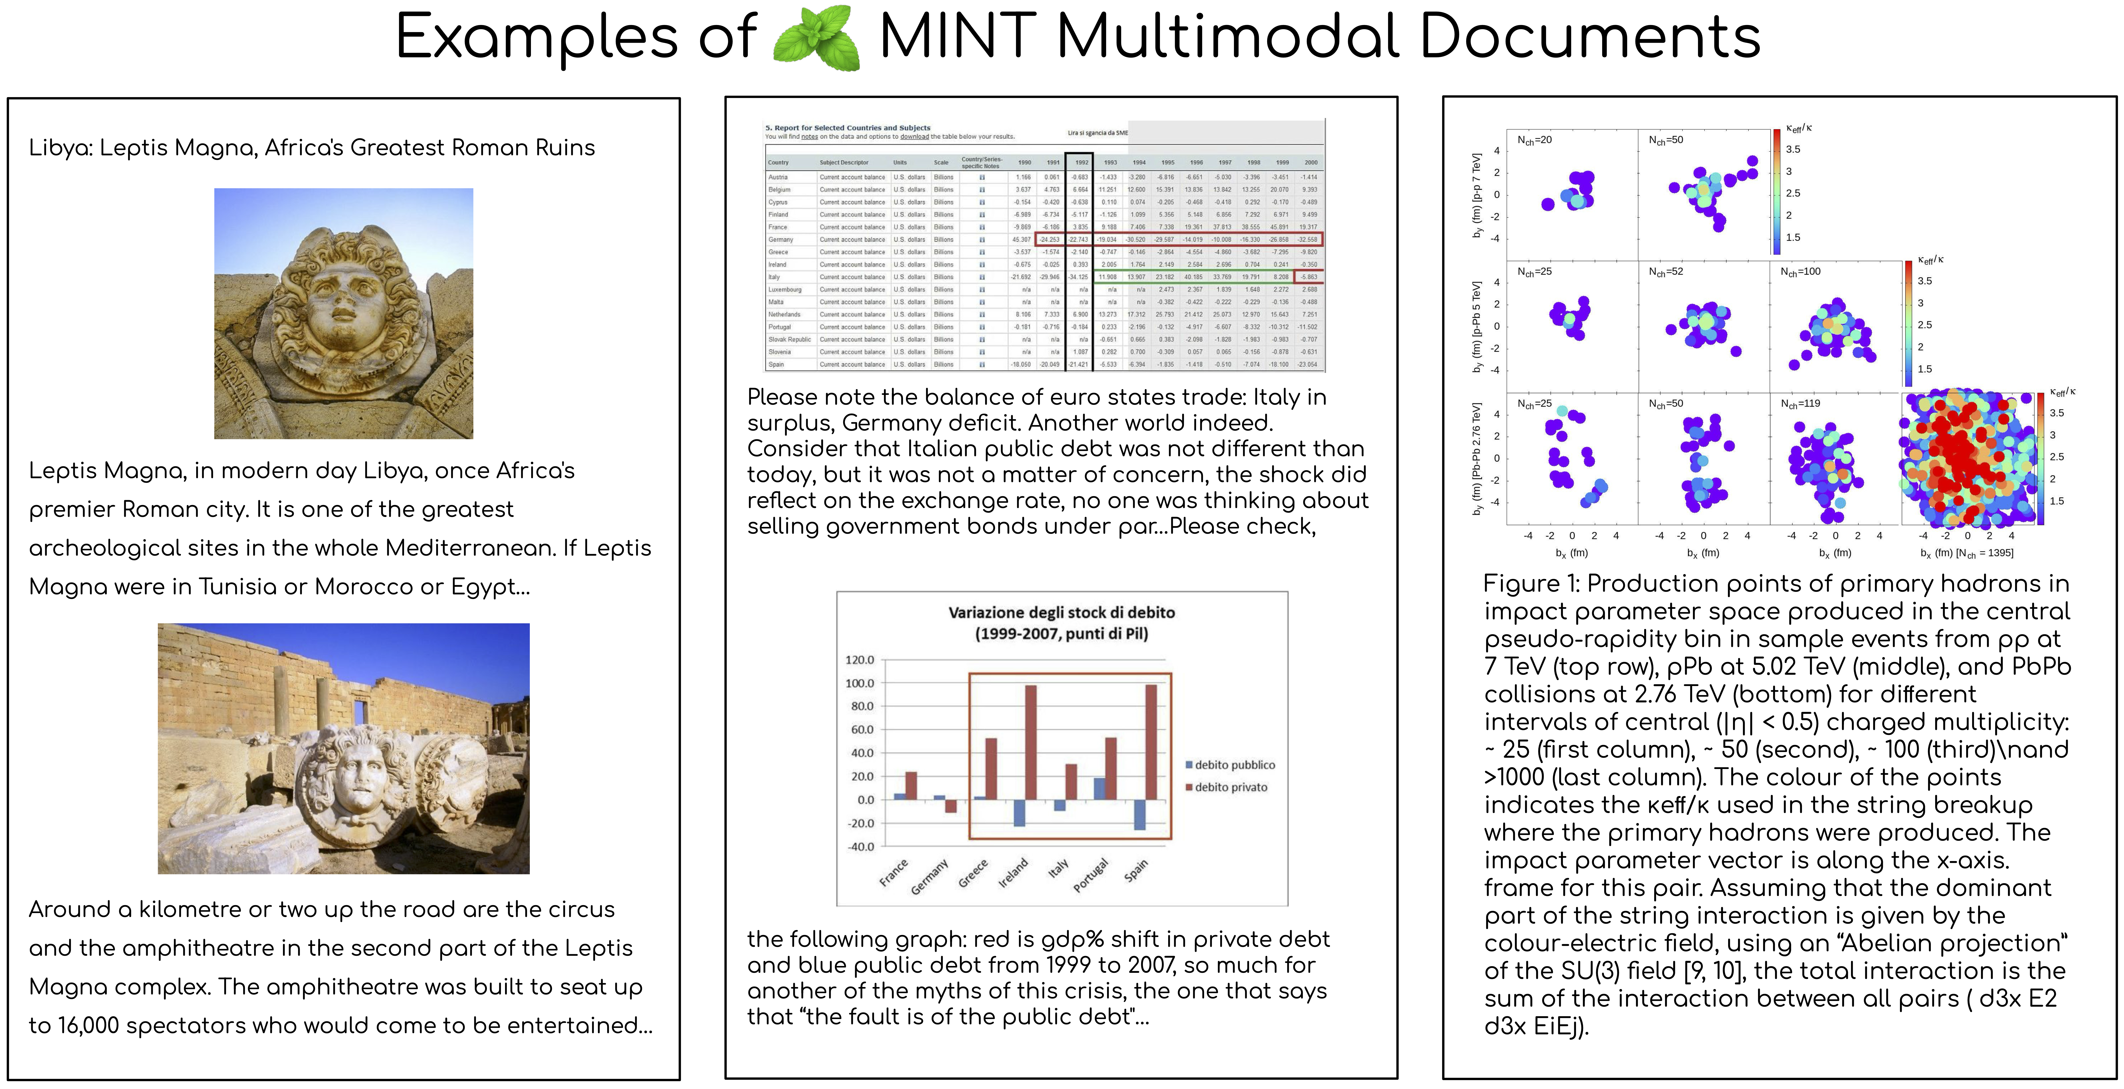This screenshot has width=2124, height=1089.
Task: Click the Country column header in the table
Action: (778, 162)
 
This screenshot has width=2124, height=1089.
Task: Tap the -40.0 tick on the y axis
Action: (860, 847)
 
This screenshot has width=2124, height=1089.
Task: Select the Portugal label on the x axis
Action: (1091, 875)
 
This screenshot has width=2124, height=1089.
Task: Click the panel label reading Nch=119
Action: (1800, 404)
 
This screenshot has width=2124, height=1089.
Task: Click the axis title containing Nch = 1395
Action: (1967, 553)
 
